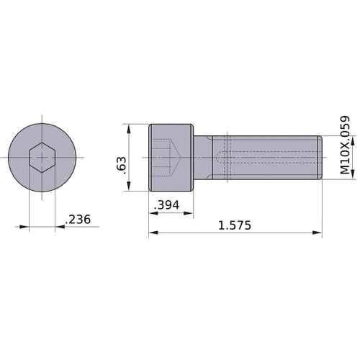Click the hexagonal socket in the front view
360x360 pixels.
point(42,158)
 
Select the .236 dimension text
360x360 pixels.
point(78,220)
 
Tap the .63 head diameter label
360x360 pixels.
point(120,164)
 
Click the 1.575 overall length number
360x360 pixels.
point(234,225)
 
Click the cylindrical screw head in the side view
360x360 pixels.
point(171,158)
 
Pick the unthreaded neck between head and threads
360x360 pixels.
point(203,158)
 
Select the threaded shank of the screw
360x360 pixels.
point(266,158)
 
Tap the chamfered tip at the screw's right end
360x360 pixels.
point(319,158)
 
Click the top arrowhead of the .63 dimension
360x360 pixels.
point(128,128)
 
